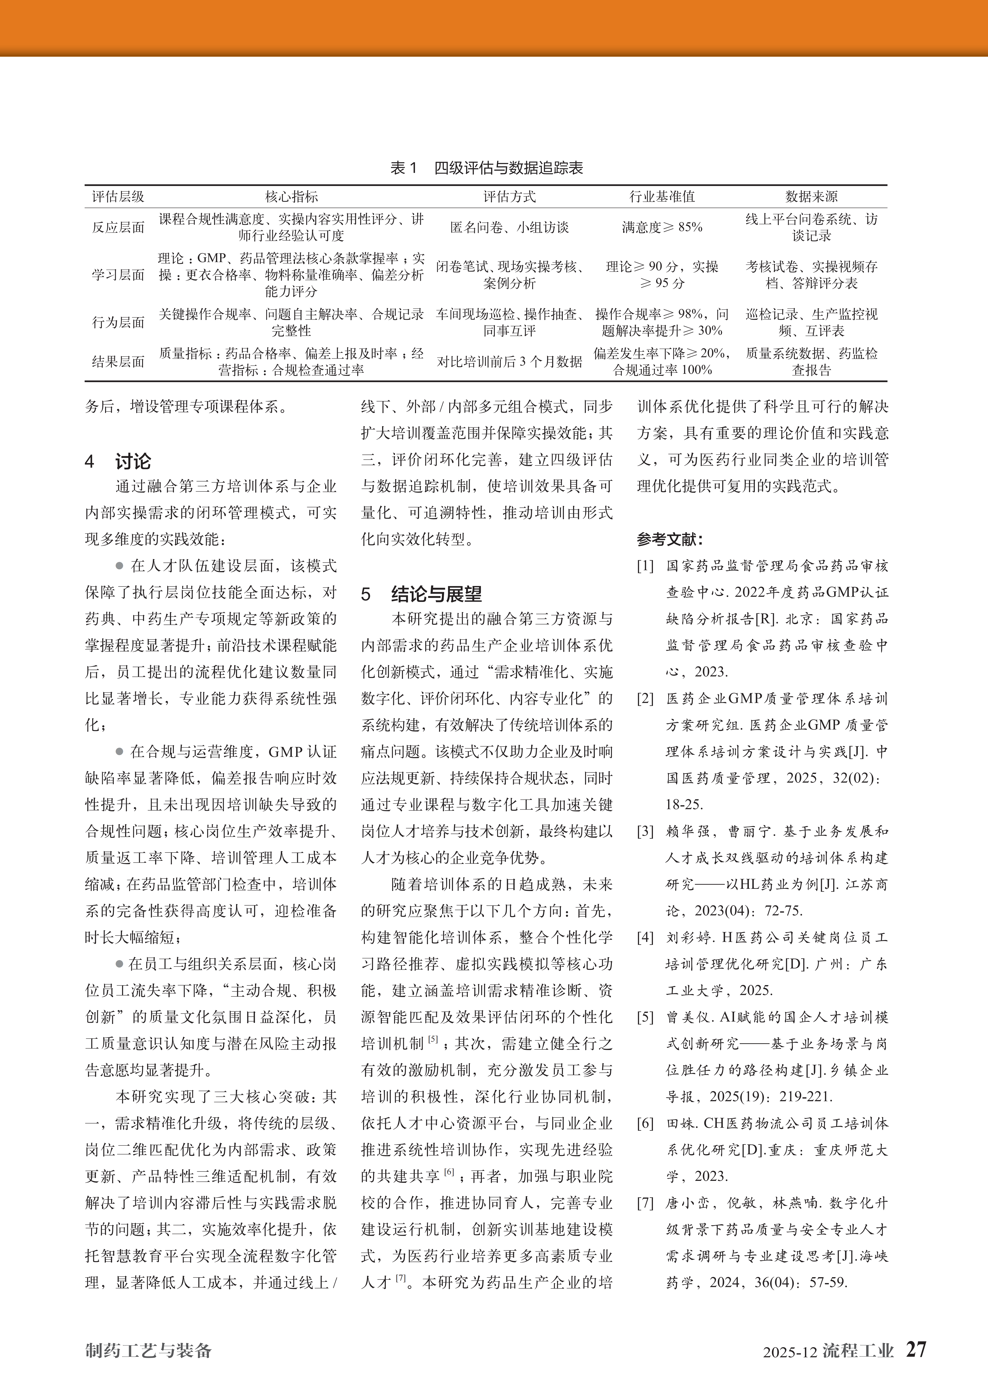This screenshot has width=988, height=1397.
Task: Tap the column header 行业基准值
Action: pos(662,197)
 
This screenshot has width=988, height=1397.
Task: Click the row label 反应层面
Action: pos(118,227)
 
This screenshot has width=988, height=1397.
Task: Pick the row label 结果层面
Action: pos(118,361)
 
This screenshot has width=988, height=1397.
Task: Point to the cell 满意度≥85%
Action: pos(662,227)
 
